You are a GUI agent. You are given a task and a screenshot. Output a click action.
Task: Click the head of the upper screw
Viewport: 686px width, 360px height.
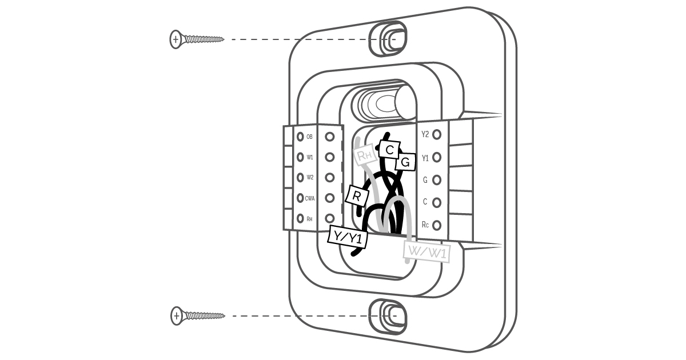coord(176,39)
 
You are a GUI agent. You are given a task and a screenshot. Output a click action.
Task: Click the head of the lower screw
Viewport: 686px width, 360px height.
coord(177,316)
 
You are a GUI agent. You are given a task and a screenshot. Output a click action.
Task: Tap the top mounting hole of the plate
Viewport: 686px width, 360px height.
coord(388,39)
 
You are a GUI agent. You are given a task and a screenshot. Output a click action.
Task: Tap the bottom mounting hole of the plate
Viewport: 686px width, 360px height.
coord(388,317)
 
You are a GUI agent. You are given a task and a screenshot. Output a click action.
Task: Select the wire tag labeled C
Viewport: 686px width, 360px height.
coord(389,150)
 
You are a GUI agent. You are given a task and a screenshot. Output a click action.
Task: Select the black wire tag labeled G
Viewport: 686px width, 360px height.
coord(405,162)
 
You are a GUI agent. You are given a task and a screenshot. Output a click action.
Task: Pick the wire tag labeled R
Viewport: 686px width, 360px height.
coord(357,195)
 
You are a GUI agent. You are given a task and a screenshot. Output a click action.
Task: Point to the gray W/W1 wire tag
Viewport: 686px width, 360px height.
coord(427,252)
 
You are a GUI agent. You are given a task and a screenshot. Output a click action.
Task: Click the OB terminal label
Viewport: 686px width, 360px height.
coord(309,137)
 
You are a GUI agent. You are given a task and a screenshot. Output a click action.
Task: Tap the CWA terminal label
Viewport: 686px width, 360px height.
coord(310,198)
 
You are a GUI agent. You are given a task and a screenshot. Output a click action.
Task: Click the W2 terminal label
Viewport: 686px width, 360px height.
coord(310,178)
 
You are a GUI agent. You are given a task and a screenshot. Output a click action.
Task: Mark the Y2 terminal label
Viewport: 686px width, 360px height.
coord(425,134)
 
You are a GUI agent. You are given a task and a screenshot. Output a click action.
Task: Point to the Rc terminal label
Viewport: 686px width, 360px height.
coord(425,225)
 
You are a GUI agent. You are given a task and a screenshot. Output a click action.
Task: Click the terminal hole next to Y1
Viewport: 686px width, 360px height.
coord(437,157)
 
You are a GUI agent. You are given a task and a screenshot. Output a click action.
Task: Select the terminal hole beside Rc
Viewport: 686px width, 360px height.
coord(437,225)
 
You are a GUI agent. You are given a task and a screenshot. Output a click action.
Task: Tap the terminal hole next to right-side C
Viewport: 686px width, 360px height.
coord(437,203)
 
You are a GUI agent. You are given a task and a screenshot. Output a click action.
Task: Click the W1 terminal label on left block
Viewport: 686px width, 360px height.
coord(310,157)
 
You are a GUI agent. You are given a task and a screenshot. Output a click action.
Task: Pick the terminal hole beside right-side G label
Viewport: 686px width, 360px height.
coord(437,180)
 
